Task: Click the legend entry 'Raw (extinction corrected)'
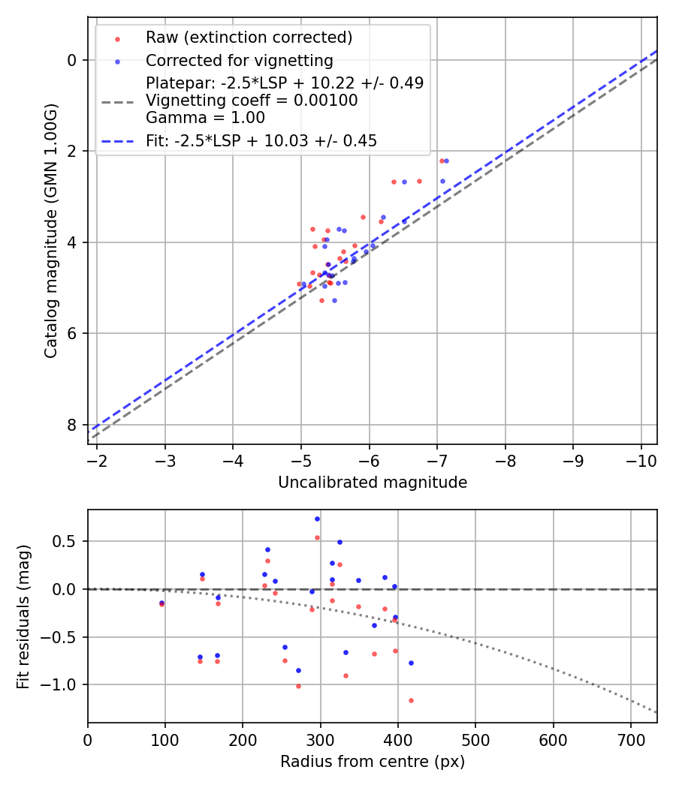click(249, 38)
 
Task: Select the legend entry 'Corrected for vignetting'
click(239, 60)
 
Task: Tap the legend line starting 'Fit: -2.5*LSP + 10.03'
click(261, 140)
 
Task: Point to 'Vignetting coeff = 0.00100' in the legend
click(252, 101)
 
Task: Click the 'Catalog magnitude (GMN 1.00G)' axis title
click(51, 231)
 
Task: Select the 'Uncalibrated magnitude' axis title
click(373, 483)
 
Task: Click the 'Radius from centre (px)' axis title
click(373, 762)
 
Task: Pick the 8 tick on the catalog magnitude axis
click(71, 425)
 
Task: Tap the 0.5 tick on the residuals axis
click(69, 541)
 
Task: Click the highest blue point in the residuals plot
click(317, 519)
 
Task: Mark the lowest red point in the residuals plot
click(411, 700)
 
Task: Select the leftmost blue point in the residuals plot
click(161, 603)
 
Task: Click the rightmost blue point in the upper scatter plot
click(446, 161)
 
